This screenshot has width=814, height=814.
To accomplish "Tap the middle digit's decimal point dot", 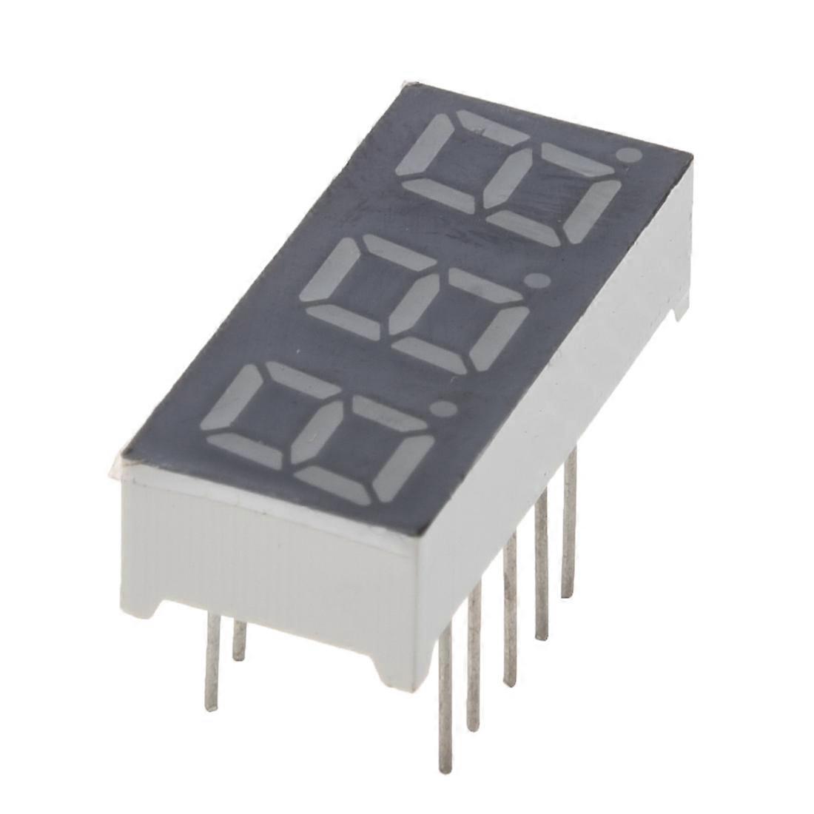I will pyautogui.click(x=538, y=281).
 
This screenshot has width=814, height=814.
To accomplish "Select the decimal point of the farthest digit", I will pyautogui.click(x=630, y=155).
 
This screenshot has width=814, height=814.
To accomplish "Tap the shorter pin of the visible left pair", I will pyautogui.click(x=238, y=640).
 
